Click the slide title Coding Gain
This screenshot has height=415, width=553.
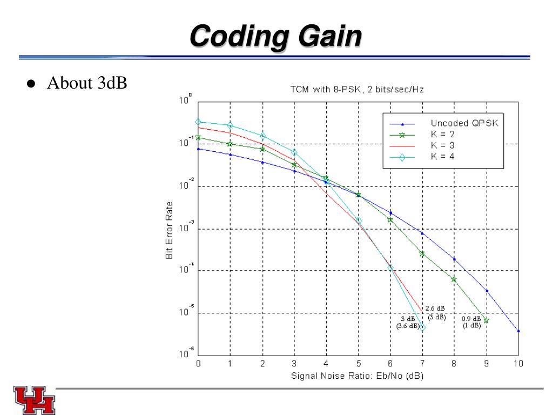tap(276, 37)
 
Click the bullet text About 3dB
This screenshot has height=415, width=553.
tap(87, 84)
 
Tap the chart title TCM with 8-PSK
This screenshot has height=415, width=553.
tap(357, 90)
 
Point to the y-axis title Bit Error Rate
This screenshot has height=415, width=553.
tap(170, 230)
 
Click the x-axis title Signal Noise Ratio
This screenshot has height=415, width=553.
tap(357, 376)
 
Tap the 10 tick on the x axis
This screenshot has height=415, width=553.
tap(518, 364)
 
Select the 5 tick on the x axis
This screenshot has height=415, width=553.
tap(358, 364)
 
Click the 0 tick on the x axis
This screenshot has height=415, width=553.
tap(198, 364)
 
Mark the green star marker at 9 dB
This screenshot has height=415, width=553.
tap(486, 320)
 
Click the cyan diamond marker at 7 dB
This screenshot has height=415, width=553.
tap(422, 327)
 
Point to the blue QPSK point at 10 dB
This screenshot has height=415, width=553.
tap(518, 331)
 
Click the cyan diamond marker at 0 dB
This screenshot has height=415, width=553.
tap(198, 122)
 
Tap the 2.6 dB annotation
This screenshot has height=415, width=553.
tap(435, 309)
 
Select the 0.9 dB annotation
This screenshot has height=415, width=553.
tap(471, 319)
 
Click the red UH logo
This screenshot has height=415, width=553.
tap(35, 400)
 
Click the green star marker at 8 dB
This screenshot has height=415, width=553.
tap(454, 279)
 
